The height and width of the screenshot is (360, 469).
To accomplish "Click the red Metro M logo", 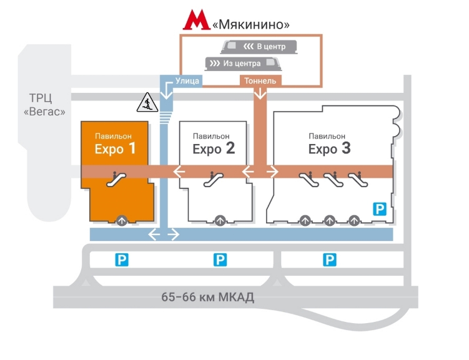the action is tap(197, 20).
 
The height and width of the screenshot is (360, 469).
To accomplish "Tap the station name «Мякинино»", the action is tap(251, 24).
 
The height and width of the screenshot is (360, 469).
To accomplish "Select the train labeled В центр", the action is tap(259, 47).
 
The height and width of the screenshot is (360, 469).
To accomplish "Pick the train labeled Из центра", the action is tap(243, 64).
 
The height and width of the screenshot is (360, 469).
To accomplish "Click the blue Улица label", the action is tap(187, 80).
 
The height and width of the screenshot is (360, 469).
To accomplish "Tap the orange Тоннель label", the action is tap(260, 80).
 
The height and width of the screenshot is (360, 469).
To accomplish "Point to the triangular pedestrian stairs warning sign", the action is tap(147, 102).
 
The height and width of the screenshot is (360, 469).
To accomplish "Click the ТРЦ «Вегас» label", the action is tap(44, 105).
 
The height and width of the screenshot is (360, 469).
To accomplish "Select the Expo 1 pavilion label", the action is tap(115, 144).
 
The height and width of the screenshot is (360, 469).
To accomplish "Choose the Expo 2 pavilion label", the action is tap(214, 144).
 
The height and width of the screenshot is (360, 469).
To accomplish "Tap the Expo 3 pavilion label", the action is tap(329, 144).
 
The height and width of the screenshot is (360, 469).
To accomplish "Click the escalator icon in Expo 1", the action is tap(116, 180).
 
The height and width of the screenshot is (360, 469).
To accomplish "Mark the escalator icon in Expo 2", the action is tap(213, 180).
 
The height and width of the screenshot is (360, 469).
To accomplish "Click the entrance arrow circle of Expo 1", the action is tap(122, 221).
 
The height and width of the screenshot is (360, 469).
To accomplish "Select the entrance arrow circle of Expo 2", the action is tap(220, 221).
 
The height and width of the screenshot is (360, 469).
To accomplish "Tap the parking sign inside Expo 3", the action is tap(380, 209).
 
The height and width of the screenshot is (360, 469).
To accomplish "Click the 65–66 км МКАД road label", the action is tap(207, 297).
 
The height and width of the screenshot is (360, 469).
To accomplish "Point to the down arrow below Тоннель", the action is tap(260, 94).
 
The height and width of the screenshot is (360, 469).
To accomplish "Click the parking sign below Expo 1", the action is tap(122, 260).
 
